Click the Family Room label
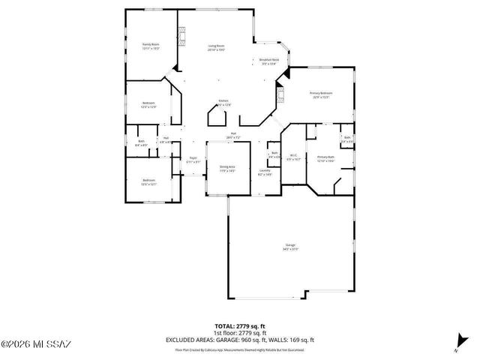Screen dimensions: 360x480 coord(151,45)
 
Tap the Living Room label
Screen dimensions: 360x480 coord(217,46)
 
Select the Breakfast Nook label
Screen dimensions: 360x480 coord(269,60)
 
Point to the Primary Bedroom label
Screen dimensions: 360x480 coord(321,93)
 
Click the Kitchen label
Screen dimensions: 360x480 coord(223,100)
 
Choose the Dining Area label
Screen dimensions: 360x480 coord(227,166)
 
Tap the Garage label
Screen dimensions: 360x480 coord(289,245)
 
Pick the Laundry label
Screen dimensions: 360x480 coord(265,171)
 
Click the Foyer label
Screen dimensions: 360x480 coord(193,158)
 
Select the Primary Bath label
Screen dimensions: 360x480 coord(325,157)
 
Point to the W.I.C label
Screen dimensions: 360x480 coord(294,156)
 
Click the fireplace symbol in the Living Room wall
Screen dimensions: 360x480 coord(181,34)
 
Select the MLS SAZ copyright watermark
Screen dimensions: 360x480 coord(35,344)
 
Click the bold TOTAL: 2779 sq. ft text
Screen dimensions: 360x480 coord(239,325)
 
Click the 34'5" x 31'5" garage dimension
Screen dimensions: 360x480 coord(289,250)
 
